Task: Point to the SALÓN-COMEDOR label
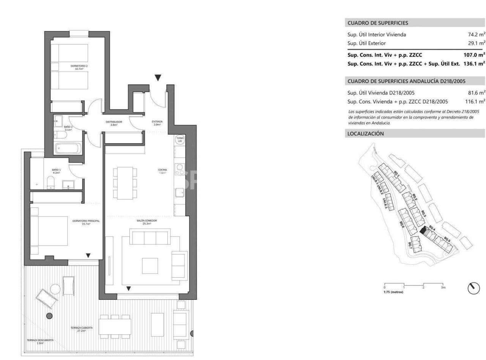(147, 222)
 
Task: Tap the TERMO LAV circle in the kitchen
(180, 140)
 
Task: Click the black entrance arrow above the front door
(158, 78)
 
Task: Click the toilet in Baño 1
(50, 182)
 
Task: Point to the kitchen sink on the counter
(180, 193)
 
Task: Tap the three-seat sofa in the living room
(150, 237)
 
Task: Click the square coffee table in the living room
(150, 265)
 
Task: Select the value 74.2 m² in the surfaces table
(476, 35)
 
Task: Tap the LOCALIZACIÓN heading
(366, 134)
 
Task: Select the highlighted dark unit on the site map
(423, 231)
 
